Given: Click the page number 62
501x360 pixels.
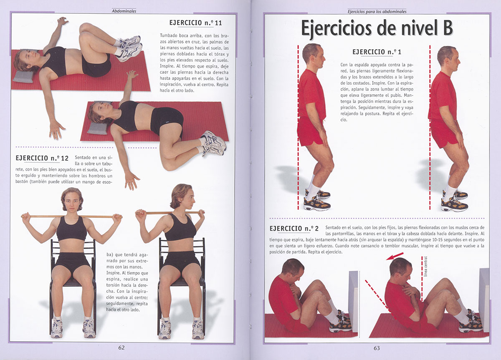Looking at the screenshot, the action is (121, 347).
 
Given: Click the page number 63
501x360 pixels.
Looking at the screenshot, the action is (377, 348).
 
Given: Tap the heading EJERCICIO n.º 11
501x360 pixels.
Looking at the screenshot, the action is (195, 23).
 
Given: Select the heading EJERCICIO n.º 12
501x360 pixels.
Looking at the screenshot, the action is (42, 158).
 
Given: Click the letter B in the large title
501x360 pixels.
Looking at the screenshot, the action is (448, 28).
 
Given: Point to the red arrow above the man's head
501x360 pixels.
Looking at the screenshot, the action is (395, 256).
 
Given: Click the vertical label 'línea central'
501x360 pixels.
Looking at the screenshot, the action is (425, 267).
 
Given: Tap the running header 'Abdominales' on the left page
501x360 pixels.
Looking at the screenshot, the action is (124, 11).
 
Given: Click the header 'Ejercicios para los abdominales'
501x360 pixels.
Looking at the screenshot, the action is (377, 11).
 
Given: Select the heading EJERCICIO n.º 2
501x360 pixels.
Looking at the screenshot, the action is (294, 228).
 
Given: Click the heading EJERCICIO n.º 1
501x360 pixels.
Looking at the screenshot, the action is (377, 52).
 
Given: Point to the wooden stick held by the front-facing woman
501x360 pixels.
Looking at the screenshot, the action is (71, 217).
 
